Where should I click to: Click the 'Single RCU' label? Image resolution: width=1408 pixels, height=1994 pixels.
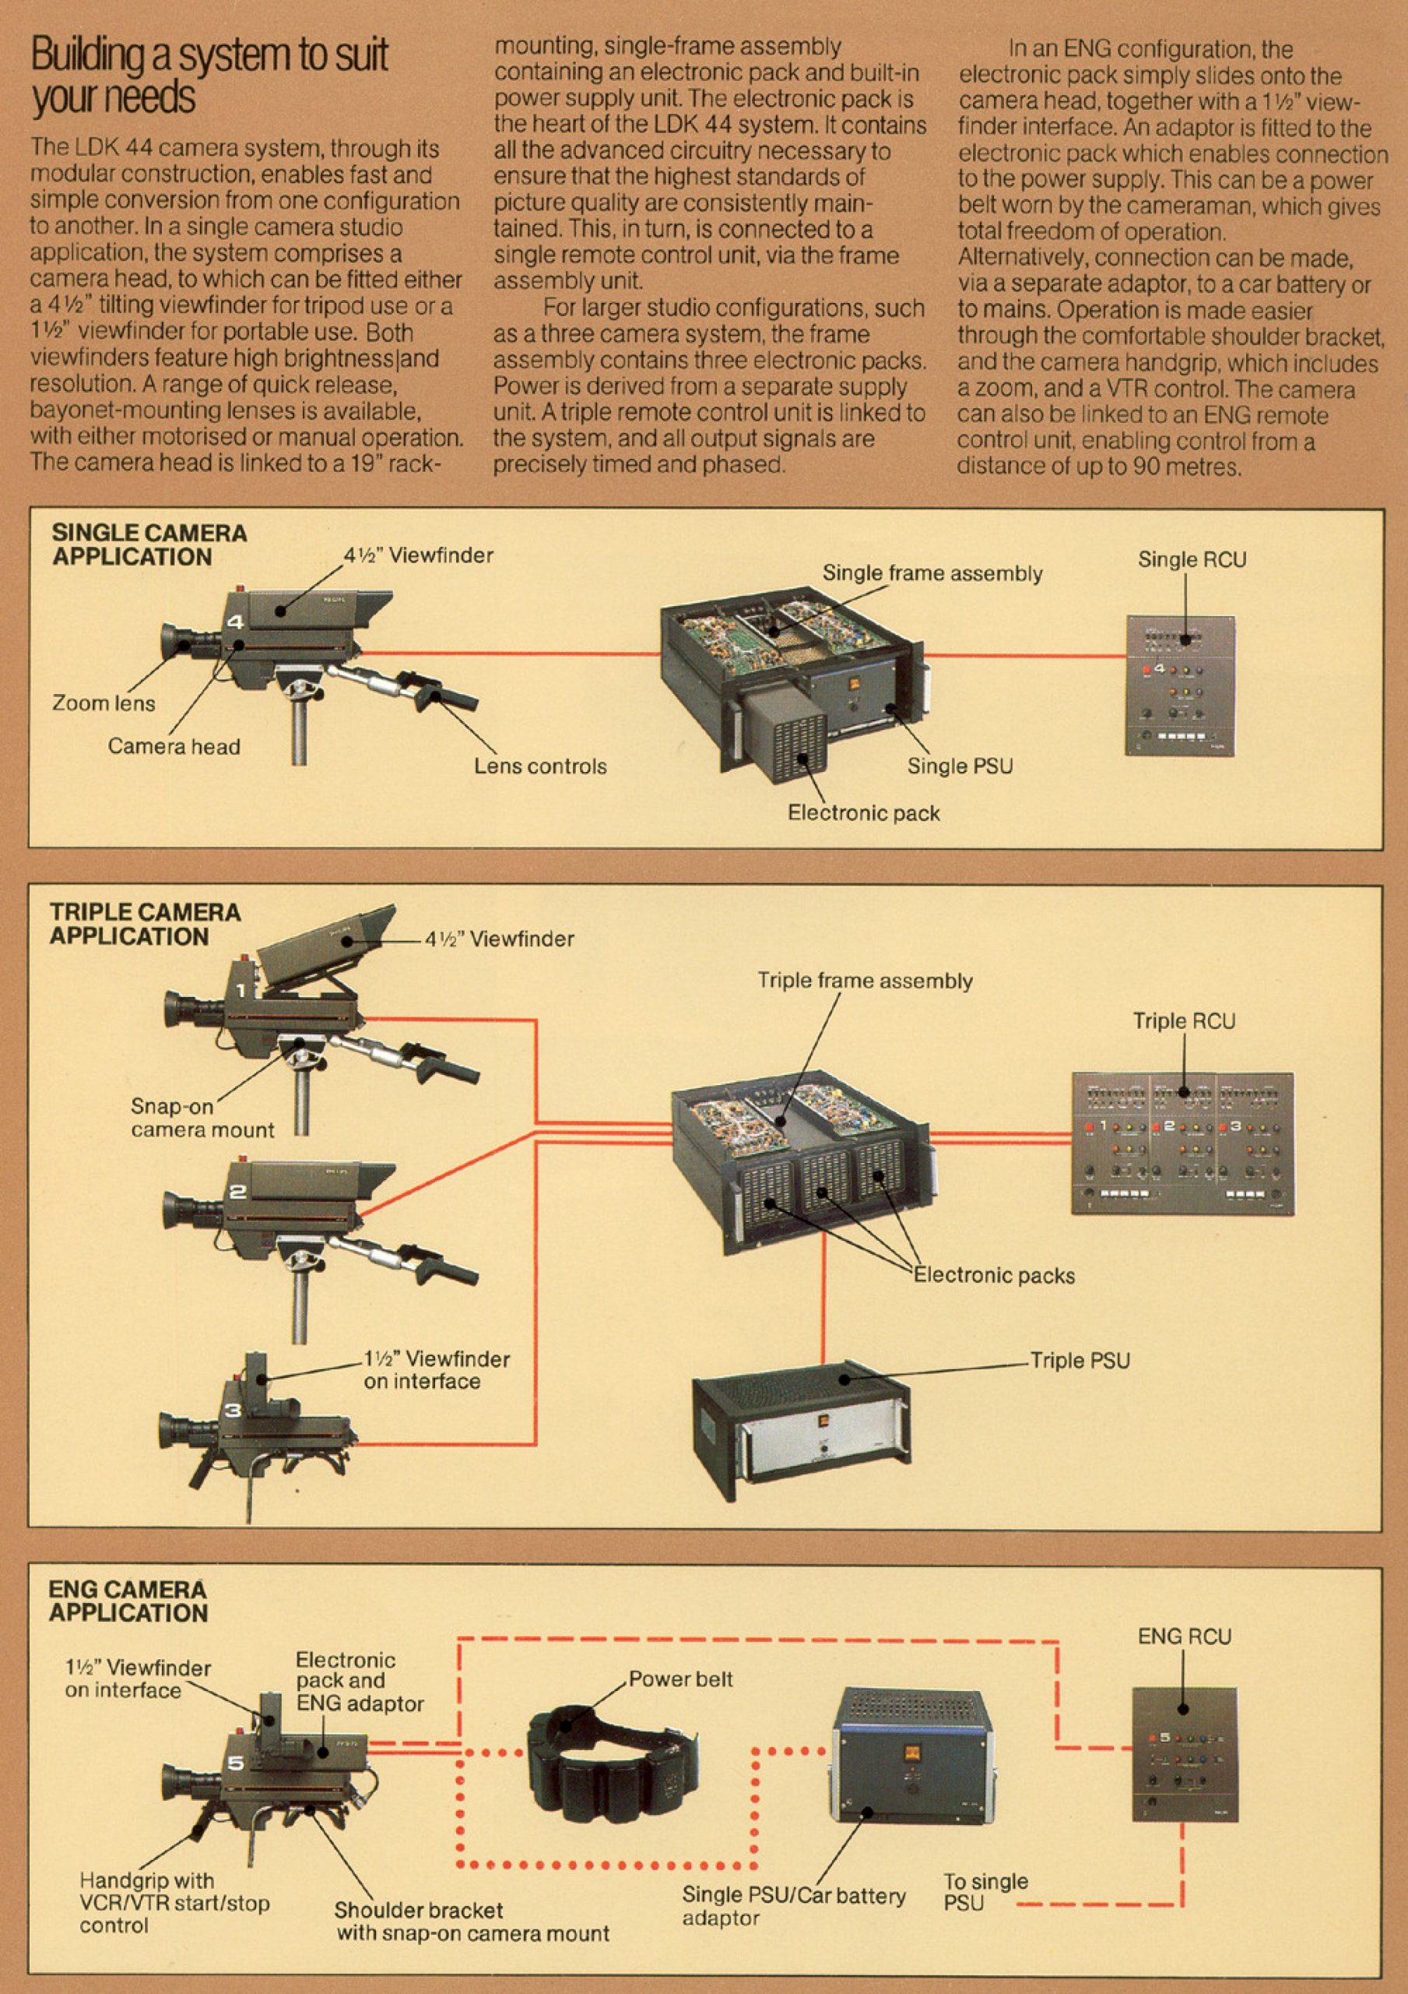pyautogui.click(x=1191, y=560)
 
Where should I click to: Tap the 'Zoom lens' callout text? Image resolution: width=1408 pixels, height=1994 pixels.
pyautogui.click(x=104, y=703)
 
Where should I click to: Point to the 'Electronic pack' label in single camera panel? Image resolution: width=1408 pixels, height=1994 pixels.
pyautogui.click(x=863, y=813)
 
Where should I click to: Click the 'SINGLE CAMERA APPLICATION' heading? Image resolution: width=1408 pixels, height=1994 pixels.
pyautogui.click(x=149, y=544)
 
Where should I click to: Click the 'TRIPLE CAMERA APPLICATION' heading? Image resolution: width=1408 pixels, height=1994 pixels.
pyautogui.click(x=144, y=924)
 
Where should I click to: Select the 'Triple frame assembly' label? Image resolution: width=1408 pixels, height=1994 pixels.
pyautogui.click(x=865, y=981)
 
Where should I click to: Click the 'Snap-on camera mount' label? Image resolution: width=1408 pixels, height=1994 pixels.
pyautogui.click(x=202, y=1118)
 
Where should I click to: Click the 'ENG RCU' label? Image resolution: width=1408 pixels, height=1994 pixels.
pyautogui.click(x=1184, y=1636)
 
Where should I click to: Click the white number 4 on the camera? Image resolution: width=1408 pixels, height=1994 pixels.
pyautogui.click(x=235, y=622)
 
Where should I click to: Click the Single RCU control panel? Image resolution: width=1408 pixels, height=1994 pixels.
pyautogui.click(x=1180, y=685)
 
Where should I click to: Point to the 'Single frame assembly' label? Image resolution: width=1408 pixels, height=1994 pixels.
pyautogui.click(x=932, y=573)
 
